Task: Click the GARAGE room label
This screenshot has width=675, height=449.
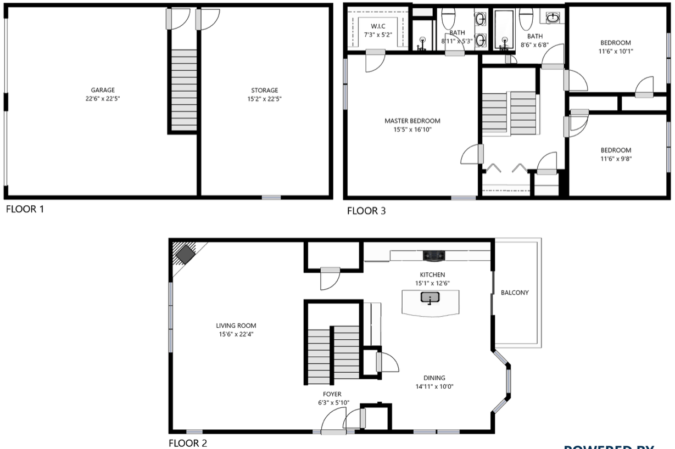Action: [x=103, y=90]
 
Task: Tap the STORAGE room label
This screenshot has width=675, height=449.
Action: [x=264, y=91]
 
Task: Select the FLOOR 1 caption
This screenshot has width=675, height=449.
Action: [x=24, y=209]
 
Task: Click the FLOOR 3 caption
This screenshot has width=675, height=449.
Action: [x=366, y=211]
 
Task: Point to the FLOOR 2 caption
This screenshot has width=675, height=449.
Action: [x=188, y=443]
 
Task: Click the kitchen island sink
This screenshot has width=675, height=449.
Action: [x=429, y=298]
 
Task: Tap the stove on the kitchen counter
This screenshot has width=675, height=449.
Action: [x=433, y=255]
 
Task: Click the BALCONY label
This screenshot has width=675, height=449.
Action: [x=515, y=293]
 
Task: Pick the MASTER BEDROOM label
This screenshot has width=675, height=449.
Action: [x=412, y=121]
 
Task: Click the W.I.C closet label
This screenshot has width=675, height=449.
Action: [x=378, y=26]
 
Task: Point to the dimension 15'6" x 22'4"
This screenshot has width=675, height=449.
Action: [x=235, y=334]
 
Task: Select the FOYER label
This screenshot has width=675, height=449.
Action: [x=332, y=394]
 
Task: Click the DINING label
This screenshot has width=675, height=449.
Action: [x=434, y=378]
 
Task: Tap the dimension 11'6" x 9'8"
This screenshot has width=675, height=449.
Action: [x=615, y=159]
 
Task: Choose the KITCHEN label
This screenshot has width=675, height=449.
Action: [x=432, y=274]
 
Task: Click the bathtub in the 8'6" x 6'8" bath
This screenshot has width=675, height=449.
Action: [x=504, y=31]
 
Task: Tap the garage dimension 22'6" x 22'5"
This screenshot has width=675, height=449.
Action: [x=103, y=99]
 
